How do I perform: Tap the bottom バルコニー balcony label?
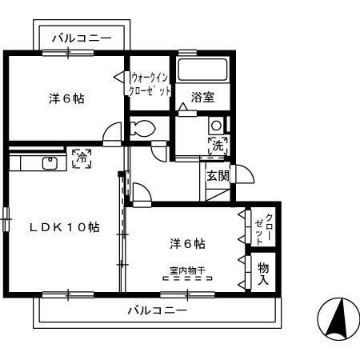pyautogui.click(x=157, y=310)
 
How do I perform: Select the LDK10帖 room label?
pyautogui.click(x=65, y=226)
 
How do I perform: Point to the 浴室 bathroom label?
pyautogui.click(x=202, y=98)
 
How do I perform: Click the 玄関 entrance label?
pyautogui.click(x=218, y=175)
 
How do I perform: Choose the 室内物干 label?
pyautogui.click(x=186, y=270)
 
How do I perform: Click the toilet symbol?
pyautogui.click(x=143, y=128)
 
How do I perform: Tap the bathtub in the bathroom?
pyautogui.click(x=203, y=70)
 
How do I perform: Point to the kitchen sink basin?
pyautogui.click(x=50, y=163)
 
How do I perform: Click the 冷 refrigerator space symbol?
pyautogui.click(x=80, y=158)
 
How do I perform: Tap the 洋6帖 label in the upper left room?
pyautogui.click(x=66, y=98)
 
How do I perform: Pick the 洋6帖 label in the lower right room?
pyautogui.click(x=186, y=242)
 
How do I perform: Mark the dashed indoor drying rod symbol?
pyautogui.click(x=186, y=280)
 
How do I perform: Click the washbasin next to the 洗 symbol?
pyautogui.click(x=216, y=126)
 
